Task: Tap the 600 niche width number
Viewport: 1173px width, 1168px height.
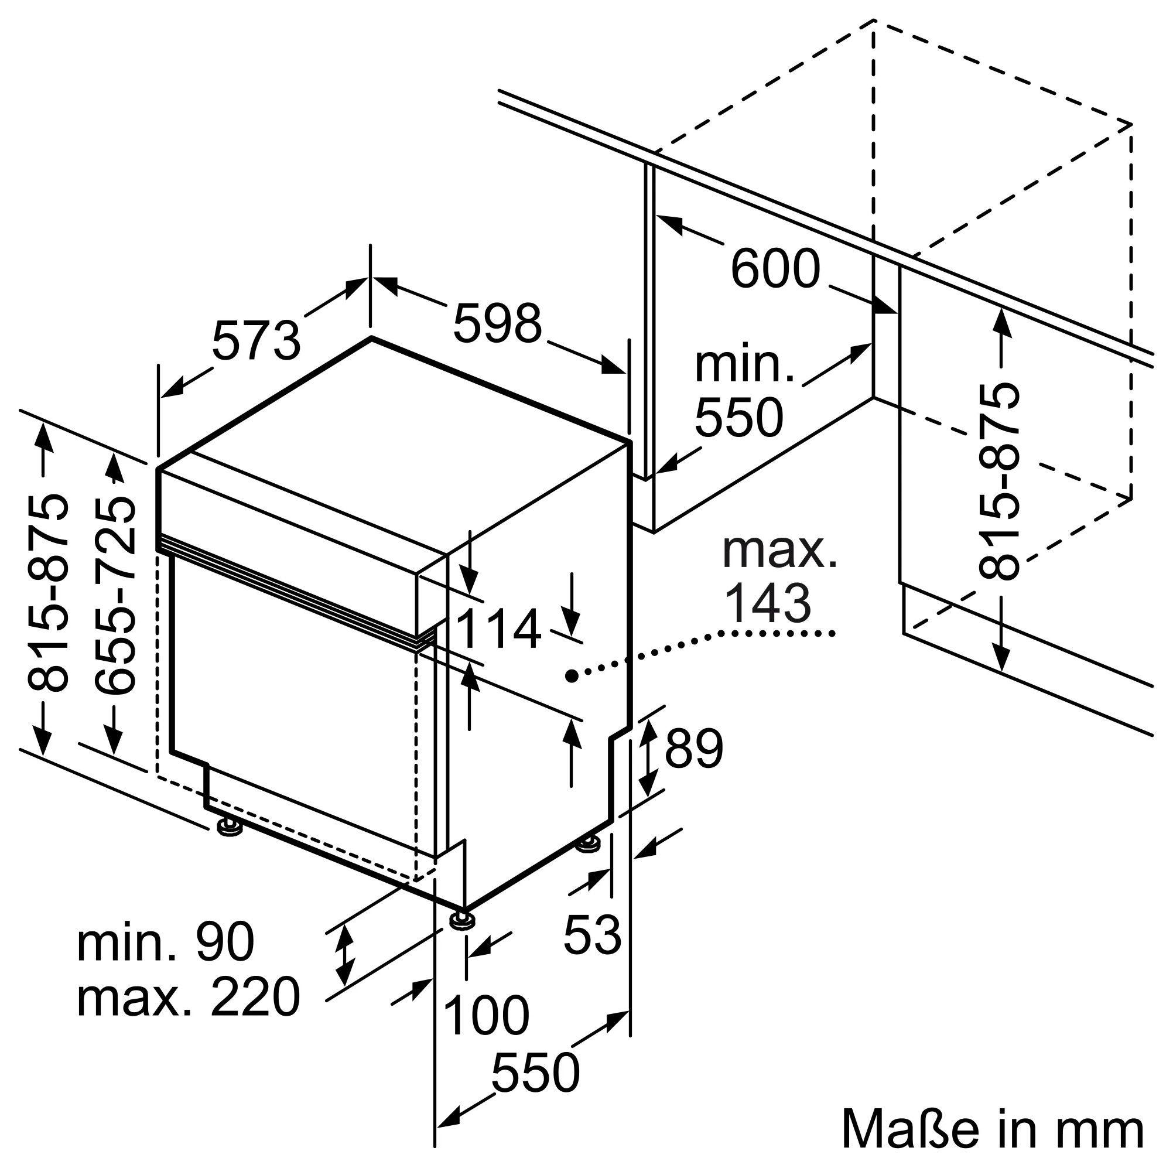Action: tap(775, 268)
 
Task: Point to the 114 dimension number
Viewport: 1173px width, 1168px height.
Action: tap(498, 629)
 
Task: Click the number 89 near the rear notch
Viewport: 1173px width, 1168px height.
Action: tap(693, 748)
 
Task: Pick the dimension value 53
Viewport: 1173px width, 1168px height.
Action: tap(592, 934)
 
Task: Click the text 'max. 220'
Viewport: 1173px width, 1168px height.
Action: tap(188, 998)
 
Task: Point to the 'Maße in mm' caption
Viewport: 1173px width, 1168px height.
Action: tap(993, 1130)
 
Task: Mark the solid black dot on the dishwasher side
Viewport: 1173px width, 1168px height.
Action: tap(571, 675)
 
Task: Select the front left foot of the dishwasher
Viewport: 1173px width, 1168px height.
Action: tap(230, 827)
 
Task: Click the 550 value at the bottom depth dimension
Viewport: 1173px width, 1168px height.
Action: tap(535, 1073)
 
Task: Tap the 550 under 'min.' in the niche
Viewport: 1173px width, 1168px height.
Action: tap(738, 418)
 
